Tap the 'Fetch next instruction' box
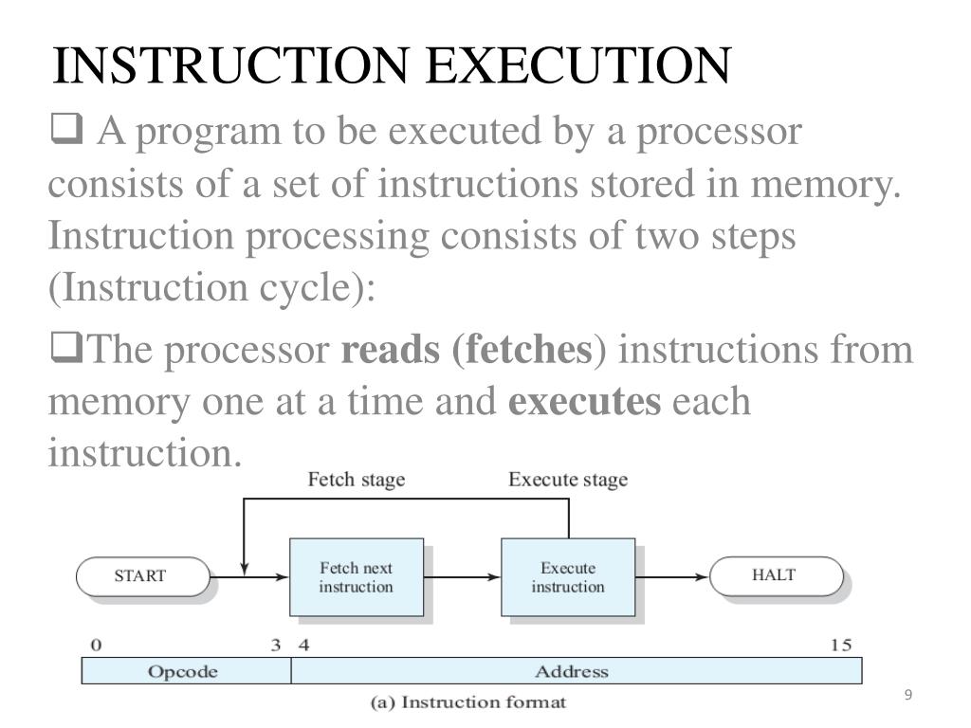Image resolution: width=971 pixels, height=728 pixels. tap(355, 577)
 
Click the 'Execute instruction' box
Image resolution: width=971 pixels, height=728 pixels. tap(567, 577)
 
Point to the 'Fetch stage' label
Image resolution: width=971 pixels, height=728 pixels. tap(356, 480)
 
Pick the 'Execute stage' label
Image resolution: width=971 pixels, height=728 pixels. tap(568, 480)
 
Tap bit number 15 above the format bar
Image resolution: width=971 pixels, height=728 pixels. tap(841, 646)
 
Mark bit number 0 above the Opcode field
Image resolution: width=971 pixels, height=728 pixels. tap(95, 646)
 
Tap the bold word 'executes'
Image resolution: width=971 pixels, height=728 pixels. tap(585, 401)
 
